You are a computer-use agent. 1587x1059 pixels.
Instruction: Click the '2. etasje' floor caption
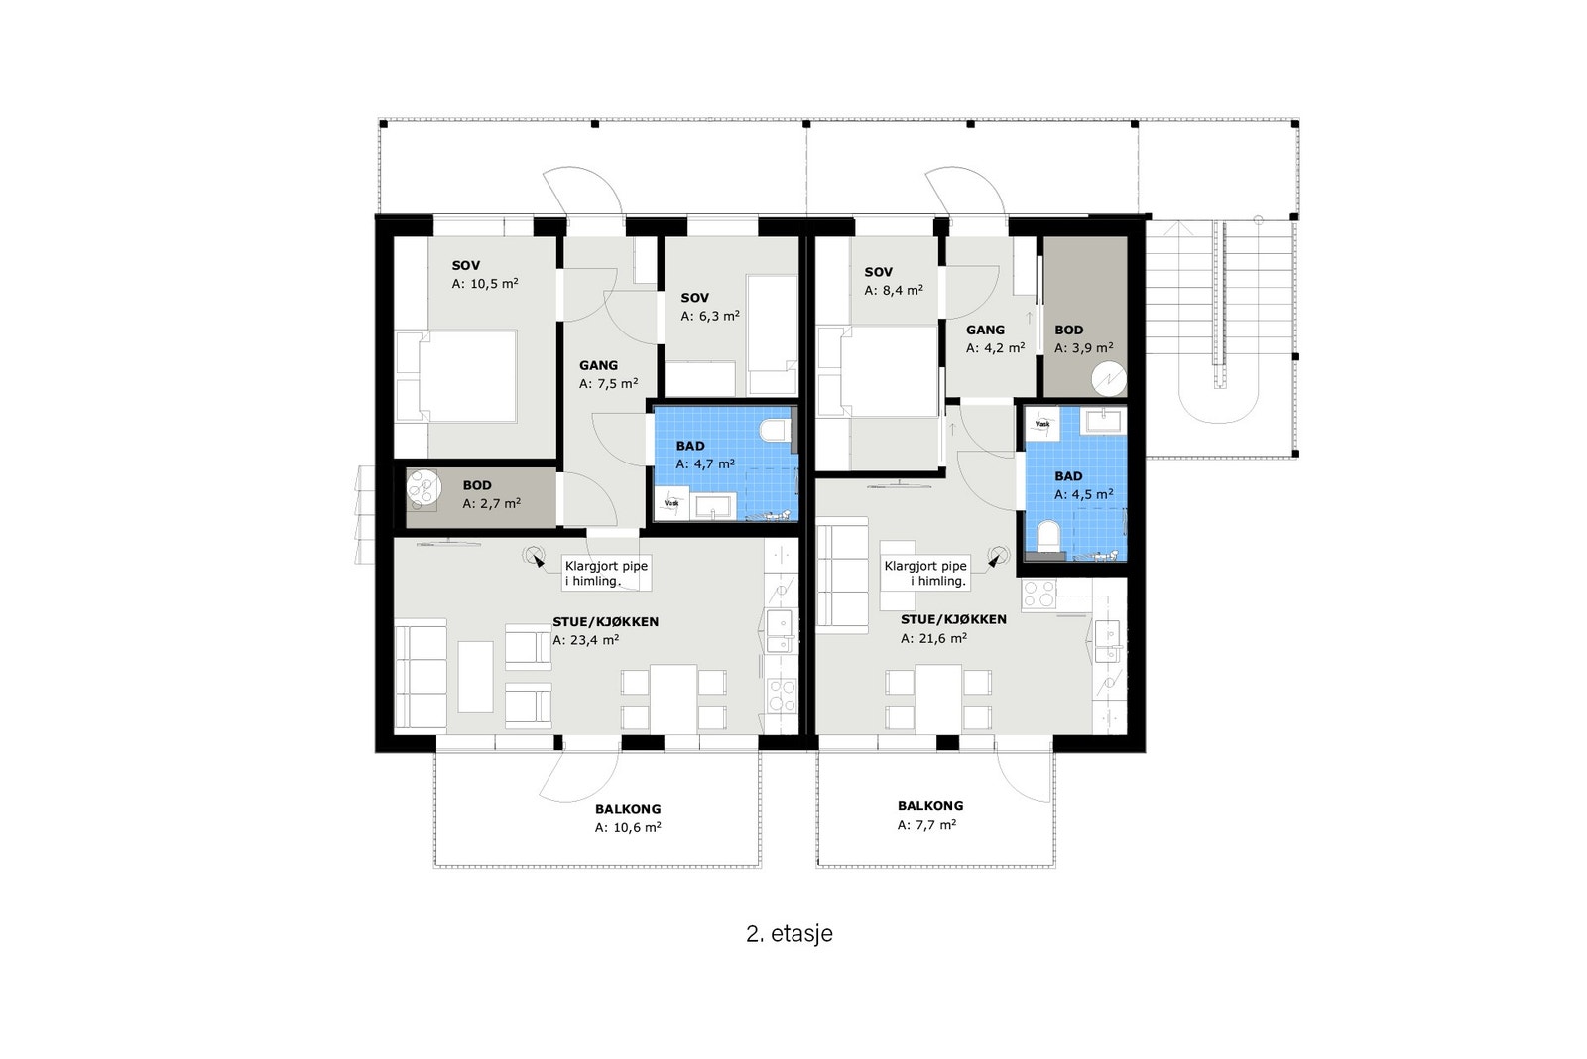click(789, 934)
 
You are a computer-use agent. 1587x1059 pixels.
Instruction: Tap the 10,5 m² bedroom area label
click(485, 275)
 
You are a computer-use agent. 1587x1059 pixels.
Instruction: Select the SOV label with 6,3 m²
click(709, 307)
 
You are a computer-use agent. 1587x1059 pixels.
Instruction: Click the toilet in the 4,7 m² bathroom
click(774, 431)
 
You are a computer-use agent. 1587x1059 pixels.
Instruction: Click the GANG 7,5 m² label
click(608, 374)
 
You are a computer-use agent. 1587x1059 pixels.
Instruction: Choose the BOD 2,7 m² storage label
click(491, 494)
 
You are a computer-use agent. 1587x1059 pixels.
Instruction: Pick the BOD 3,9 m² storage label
click(1082, 338)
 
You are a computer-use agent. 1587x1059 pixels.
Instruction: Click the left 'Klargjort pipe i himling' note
click(605, 573)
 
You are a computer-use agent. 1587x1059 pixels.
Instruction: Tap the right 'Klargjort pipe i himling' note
click(924, 573)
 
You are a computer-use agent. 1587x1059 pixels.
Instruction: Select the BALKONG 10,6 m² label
click(628, 818)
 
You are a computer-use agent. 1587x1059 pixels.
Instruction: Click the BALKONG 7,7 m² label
click(929, 815)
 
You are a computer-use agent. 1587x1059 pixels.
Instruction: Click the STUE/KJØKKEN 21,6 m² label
click(952, 628)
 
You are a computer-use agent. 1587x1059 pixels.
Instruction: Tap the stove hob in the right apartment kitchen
click(1038, 595)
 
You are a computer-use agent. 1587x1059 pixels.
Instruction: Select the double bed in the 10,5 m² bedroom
click(466, 376)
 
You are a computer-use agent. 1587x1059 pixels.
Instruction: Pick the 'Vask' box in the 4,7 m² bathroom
click(672, 503)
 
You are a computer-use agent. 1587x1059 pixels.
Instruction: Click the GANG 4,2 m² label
click(994, 338)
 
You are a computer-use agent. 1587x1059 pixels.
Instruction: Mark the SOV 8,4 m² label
click(893, 281)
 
